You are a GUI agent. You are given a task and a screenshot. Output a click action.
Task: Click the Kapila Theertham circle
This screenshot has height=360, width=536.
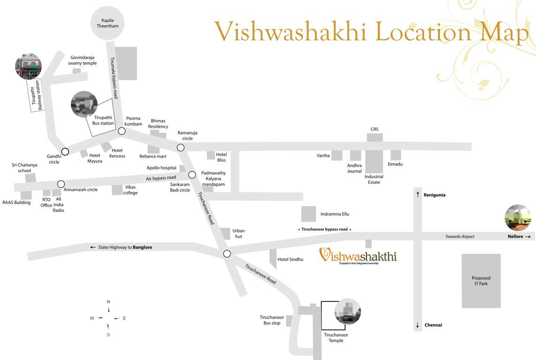[107, 23]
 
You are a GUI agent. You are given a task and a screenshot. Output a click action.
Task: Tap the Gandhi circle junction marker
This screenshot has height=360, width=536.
[65, 151]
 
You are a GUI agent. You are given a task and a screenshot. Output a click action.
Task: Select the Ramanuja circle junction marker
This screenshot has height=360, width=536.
[181, 148]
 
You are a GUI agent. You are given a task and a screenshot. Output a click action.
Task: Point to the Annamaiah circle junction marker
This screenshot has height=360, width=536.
[61, 184]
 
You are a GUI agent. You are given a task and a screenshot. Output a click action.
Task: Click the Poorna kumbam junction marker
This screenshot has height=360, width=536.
[121, 131]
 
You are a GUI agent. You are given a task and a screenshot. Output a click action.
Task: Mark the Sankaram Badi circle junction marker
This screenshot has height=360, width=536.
[192, 175]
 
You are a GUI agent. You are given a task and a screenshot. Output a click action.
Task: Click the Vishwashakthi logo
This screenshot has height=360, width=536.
[358, 256]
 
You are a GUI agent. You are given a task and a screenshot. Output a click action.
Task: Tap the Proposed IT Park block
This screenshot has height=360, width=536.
[481, 281]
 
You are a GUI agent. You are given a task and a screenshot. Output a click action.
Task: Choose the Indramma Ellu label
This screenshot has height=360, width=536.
[335, 214]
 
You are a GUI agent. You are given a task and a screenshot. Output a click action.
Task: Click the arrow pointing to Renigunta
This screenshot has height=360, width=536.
[418, 195]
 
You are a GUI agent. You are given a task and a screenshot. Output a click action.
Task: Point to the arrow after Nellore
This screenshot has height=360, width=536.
[528, 237]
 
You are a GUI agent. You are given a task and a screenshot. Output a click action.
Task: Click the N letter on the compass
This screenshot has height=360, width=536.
[108, 302]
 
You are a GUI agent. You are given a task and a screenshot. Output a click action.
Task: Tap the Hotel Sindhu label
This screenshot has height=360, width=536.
[290, 259]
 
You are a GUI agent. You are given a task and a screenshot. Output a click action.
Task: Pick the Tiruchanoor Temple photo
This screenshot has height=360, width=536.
[347, 312]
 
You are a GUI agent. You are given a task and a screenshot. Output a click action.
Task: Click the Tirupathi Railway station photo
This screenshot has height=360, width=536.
[29, 66]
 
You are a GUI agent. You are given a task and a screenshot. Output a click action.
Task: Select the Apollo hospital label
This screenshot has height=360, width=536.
[161, 168]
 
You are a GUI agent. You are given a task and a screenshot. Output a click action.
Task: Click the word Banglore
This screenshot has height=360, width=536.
[142, 247]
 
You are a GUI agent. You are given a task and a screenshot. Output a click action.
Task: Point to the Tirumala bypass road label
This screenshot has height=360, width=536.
[113, 77]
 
